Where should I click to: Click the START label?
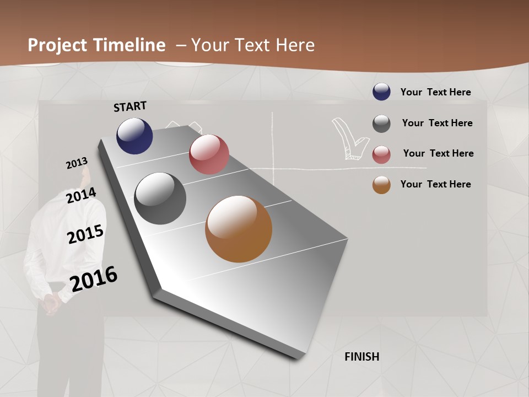coord(130,106)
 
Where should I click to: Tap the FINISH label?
coord(361,357)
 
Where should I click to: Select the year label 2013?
coord(77,163)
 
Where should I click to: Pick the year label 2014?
coord(81,196)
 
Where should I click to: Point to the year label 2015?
coord(85,234)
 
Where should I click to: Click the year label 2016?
coord(94,279)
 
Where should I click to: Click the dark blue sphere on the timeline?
coord(134,136)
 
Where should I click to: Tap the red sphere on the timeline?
coord(209,154)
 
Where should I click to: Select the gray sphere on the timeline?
coord(160,198)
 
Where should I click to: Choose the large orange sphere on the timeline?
coord(239,229)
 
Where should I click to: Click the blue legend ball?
coord(381,92)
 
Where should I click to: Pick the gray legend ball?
coord(381,124)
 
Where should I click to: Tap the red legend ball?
coord(381,154)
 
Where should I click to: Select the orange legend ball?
coord(381,185)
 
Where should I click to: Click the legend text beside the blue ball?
coord(435,92)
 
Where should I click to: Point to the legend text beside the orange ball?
coord(435,184)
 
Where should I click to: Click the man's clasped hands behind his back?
coord(51,301)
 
